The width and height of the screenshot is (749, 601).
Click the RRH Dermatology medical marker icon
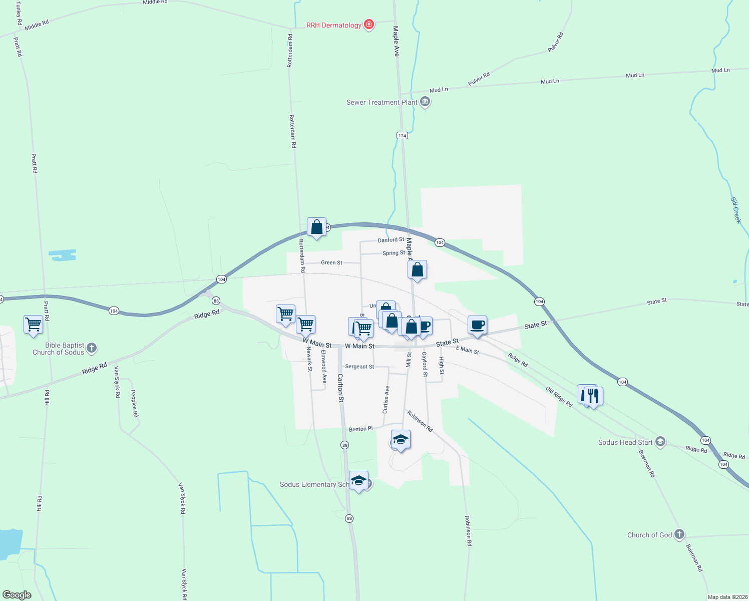pos(369,24)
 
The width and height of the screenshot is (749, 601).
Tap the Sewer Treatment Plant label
pos(382,102)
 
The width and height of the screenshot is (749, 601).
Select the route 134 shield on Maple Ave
pos(402,135)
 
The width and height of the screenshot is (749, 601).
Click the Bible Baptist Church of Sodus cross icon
pos(92,348)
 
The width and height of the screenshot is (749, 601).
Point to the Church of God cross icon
pos(679,534)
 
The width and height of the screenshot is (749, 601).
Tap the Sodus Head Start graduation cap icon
pos(660,442)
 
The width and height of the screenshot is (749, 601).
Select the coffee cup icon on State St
pos(478,325)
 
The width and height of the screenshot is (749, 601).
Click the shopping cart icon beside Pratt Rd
pos(33,324)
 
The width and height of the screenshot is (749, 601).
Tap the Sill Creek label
pos(735,210)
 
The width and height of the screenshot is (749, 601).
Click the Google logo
pos(17,595)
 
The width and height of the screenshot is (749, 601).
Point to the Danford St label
pos(391,240)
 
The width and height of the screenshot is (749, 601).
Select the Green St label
pos(331,262)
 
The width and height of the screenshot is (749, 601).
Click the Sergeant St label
pos(359,367)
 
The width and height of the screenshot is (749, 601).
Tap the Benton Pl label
pos(360,429)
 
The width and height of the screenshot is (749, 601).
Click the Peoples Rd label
pos(134,403)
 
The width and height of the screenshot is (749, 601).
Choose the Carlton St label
pos(340,388)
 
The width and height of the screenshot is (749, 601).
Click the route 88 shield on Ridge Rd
pos(216,300)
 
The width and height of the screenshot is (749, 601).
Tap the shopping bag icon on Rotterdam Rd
pos(316,227)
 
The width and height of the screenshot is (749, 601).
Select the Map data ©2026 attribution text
pos(727,597)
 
